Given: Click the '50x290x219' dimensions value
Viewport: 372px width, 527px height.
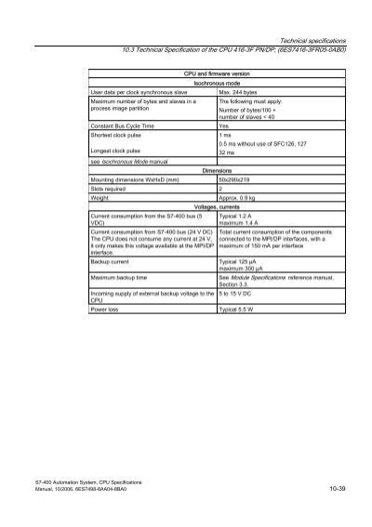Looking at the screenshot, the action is (239, 178).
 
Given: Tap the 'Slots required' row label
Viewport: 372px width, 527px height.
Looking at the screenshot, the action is (112, 188).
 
